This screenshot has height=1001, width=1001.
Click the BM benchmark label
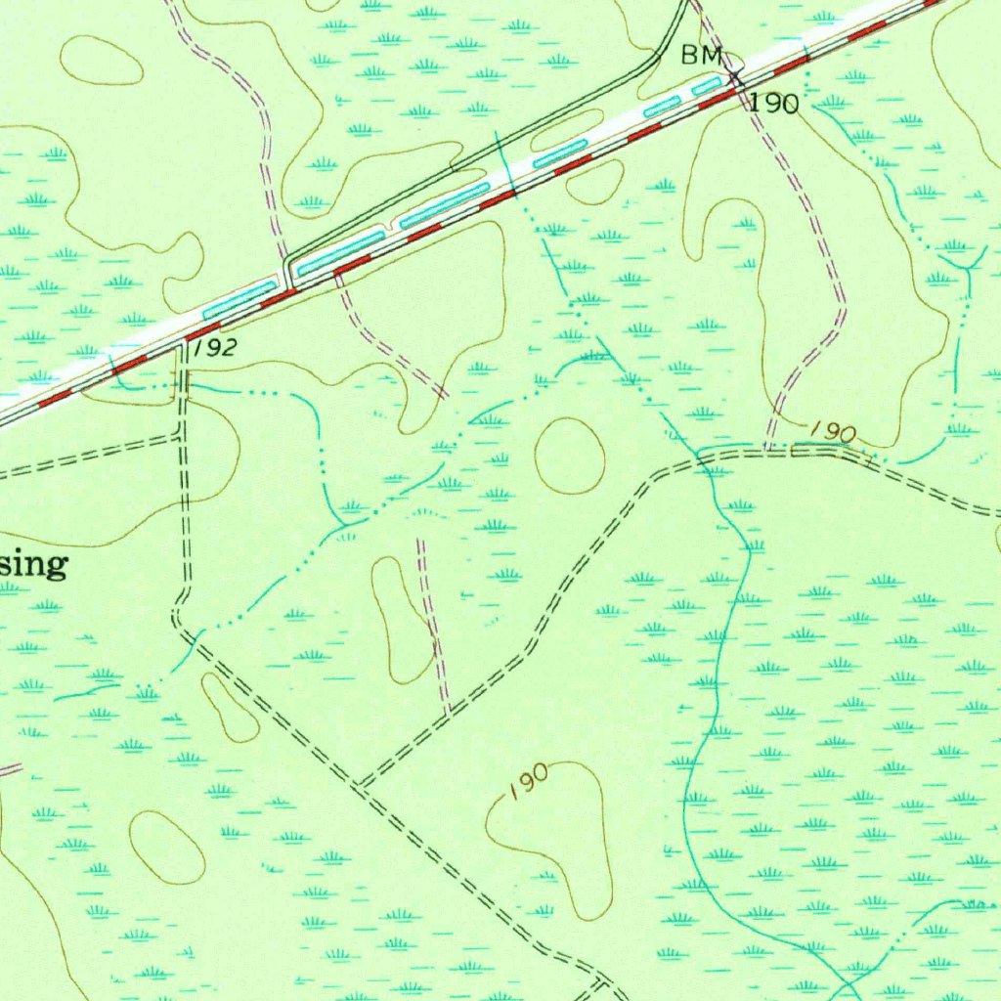click(701, 57)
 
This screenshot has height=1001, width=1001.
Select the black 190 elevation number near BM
click(774, 104)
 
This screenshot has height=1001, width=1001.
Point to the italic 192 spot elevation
click(213, 349)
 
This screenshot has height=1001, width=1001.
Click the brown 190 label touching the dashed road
click(833, 431)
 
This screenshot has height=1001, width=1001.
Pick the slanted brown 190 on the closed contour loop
click(527, 782)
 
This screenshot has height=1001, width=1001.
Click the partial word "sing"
click(34, 564)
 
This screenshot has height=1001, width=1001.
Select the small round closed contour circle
click(570, 456)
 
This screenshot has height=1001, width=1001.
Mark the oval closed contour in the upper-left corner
click(102, 60)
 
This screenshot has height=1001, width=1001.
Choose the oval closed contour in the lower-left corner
click(167, 847)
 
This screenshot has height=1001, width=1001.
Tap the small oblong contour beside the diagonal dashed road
click(229, 706)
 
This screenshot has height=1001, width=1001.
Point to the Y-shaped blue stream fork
click(964, 267)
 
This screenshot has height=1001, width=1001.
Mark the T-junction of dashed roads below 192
click(181, 436)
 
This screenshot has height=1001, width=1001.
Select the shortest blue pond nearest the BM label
click(707, 87)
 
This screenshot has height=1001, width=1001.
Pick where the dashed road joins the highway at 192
click(182, 343)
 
